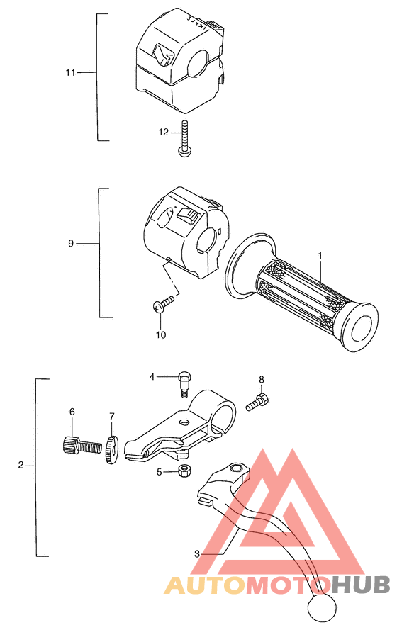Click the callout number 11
point(69,72)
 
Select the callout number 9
point(71,244)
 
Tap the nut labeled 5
point(183,471)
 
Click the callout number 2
point(21,466)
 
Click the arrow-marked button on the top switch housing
point(163,55)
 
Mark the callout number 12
point(164,132)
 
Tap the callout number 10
point(161,334)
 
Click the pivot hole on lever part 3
point(236,468)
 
